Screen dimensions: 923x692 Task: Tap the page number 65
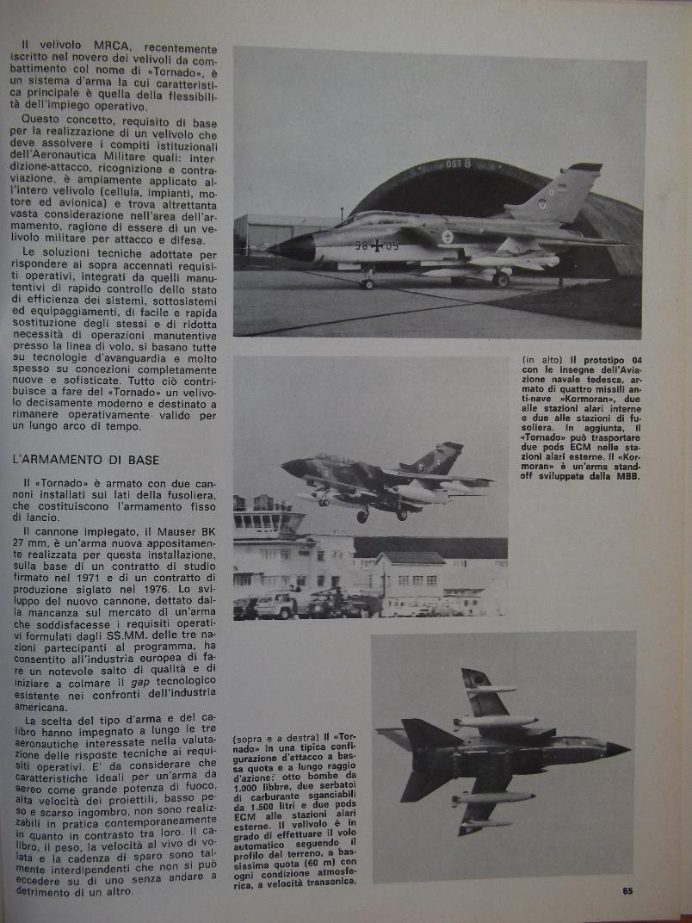[x=628, y=890]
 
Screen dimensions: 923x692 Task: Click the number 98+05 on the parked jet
[x=377, y=245]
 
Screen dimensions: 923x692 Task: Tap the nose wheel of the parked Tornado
[x=368, y=284]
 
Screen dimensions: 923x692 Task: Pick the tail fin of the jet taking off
[x=438, y=456]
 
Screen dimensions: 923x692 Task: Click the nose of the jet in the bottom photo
[x=618, y=749]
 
